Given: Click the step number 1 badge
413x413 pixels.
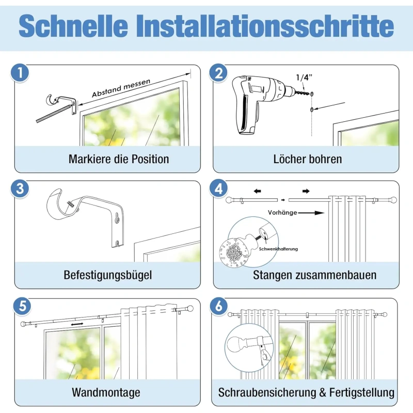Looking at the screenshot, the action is (x=20, y=73).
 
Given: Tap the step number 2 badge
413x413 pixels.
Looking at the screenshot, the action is (x=218, y=73).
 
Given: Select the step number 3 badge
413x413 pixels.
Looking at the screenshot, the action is (x=20, y=189).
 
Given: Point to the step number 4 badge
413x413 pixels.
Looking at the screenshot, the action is (x=218, y=189).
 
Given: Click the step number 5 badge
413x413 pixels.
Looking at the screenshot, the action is (x=22, y=306).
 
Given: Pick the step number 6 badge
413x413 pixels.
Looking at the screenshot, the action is (x=219, y=306).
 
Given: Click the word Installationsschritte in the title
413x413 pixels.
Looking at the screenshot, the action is (x=265, y=26).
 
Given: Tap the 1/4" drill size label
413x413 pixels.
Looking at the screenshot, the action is (x=304, y=77).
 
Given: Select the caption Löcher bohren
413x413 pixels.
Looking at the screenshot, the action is (x=308, y=159).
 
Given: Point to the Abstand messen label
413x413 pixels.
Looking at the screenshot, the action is (x=121, y=88).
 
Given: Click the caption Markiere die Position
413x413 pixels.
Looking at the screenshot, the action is (x=119, y=159).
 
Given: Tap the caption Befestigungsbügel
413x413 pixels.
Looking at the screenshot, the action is (x=108, y=275).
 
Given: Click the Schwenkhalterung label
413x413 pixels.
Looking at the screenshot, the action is (x=278, y=249).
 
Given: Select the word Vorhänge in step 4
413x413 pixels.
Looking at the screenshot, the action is (x=282, y=213).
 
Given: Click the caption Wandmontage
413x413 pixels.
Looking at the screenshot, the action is (x=106, y=392).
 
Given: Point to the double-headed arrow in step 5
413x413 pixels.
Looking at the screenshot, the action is (x=77, y=324).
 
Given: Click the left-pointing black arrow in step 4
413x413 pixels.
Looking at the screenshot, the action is (x=257, y=191).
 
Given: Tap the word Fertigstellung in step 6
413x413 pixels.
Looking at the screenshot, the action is (x=362, y=392).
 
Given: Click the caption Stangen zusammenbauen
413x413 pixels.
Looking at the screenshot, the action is (x=315, y=275).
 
